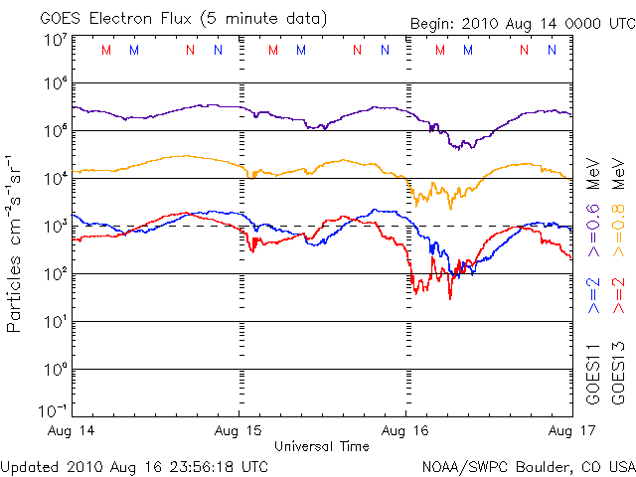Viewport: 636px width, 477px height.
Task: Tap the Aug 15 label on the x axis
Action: click(x=238, y=431)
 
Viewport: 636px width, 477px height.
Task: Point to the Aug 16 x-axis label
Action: click(x=406, y=431)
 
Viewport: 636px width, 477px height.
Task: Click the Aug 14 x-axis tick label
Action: click(x=71, y=431)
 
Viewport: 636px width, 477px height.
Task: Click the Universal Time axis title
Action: click(x=322, y=446)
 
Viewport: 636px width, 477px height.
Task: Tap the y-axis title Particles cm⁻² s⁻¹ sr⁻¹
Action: click(x=16, y=242)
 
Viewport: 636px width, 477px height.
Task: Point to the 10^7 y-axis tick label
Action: click(x=54, y=39)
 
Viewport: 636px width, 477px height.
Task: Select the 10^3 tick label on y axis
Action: click(x=54, y=226)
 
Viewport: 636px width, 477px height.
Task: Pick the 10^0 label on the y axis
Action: click(x=54, y=369)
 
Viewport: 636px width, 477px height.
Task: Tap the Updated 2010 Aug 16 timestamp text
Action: click(x=134, y=465)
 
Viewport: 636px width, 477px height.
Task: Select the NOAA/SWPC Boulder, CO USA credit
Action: click(x=527, y=465)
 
